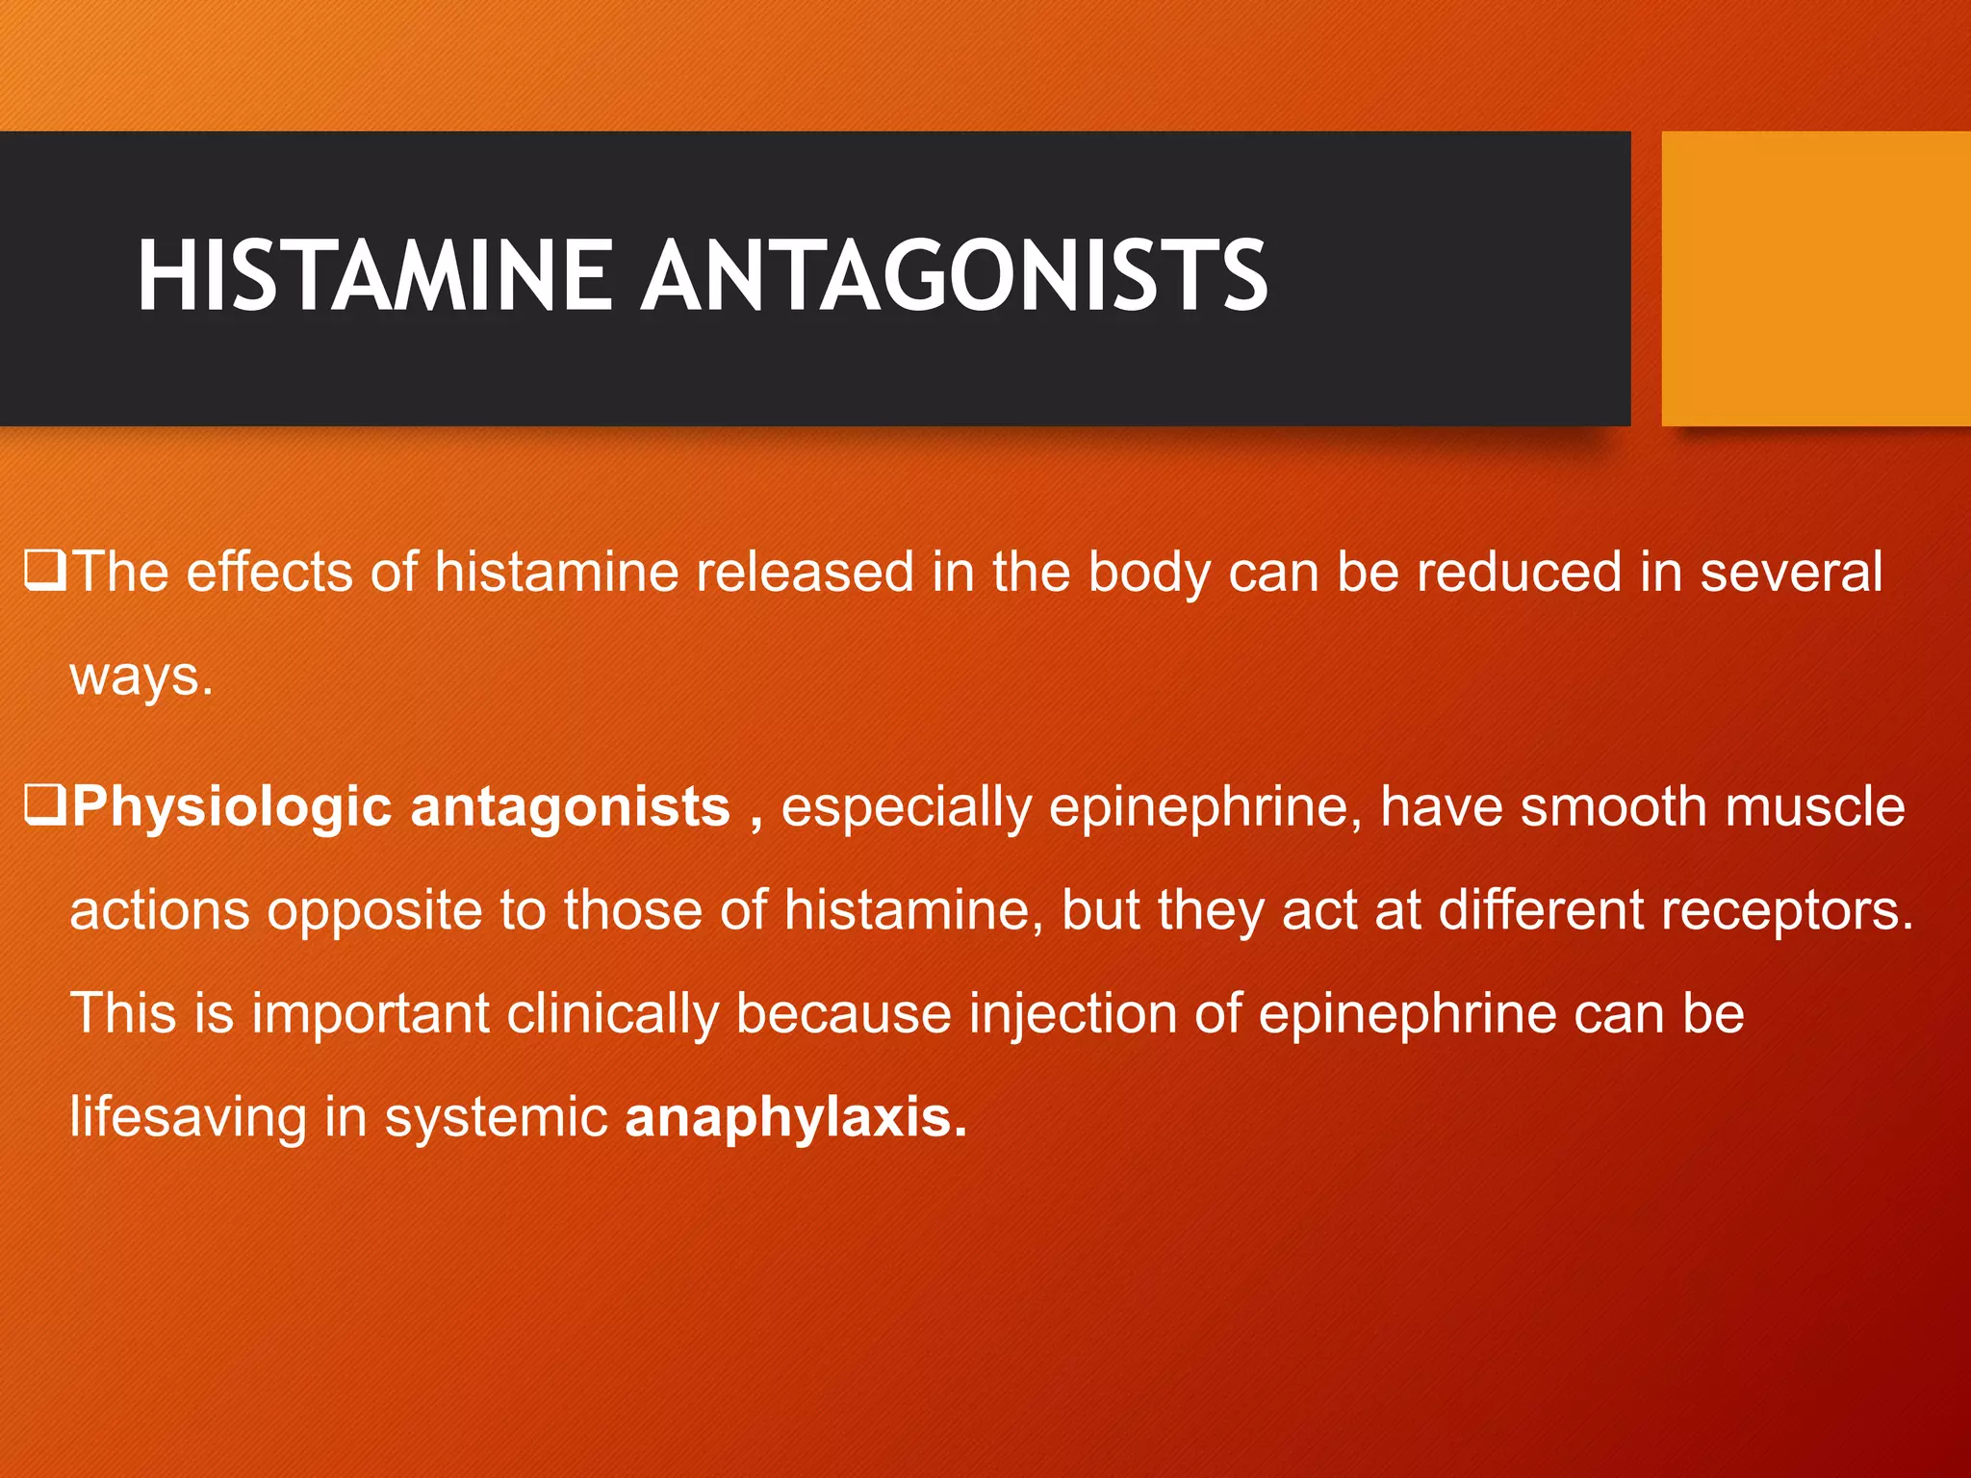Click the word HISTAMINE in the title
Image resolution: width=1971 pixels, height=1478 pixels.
pos(375,276)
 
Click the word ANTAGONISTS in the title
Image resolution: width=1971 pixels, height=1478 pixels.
pos(955,276)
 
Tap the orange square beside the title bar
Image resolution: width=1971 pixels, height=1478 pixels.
pos(1815,278)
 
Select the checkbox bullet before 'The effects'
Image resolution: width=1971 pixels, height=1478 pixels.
pos(44,570)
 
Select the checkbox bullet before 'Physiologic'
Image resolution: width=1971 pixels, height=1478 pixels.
pos(44,804)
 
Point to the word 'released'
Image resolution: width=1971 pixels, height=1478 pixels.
pos(805,572)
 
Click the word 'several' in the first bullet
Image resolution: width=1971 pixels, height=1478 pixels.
pos(1791,572)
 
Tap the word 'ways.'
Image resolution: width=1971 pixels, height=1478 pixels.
pos(141,675)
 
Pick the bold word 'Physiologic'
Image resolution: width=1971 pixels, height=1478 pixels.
pos(231,806)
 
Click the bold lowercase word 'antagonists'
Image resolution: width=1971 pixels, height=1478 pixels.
pos(570,806)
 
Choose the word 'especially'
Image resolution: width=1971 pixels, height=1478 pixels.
pos(906,806)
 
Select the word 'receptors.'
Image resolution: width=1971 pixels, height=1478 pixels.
pos(1786,910)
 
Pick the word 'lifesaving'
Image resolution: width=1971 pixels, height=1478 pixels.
pos(188,1118)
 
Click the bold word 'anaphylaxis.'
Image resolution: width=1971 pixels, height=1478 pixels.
pos(796,1118)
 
